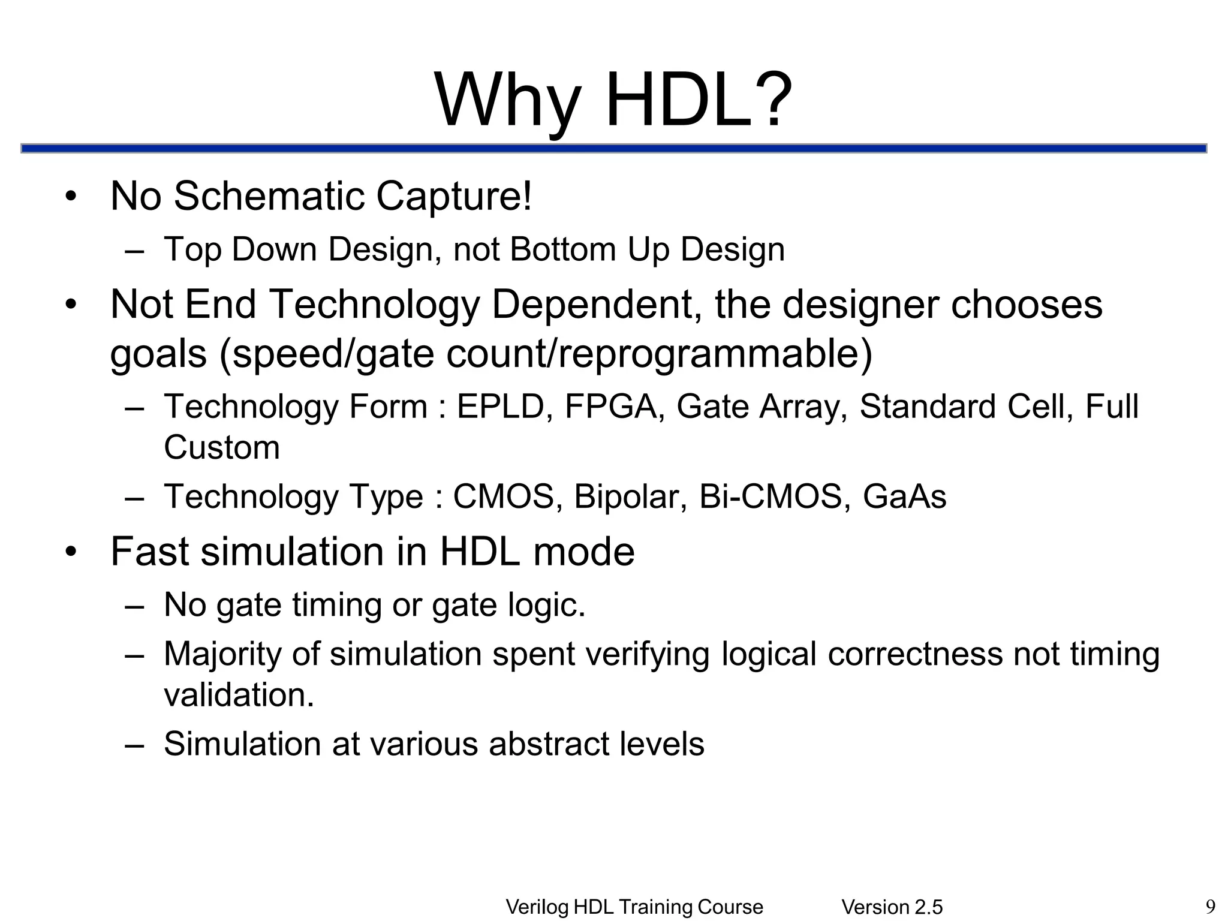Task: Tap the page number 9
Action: click(x=1210, y=906)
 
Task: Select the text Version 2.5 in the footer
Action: click(x=892, y=907)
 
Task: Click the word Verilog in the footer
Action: click(x=537, y=907)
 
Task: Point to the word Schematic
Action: click(x=269, y=196)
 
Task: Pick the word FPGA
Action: click(x=610, y=407)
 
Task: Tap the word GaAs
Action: click(x=904, y=496)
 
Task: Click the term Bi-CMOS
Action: click(x=770, y=496)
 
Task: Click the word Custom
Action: click(x=221, y=447)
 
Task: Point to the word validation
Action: click(x=238, y=696)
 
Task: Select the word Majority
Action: click(x=222, y=655)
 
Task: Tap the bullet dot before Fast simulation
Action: click(x=71, y=552)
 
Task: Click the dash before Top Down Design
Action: click(x=135, y=250)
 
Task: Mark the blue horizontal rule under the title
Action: click(x=613, y=148)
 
